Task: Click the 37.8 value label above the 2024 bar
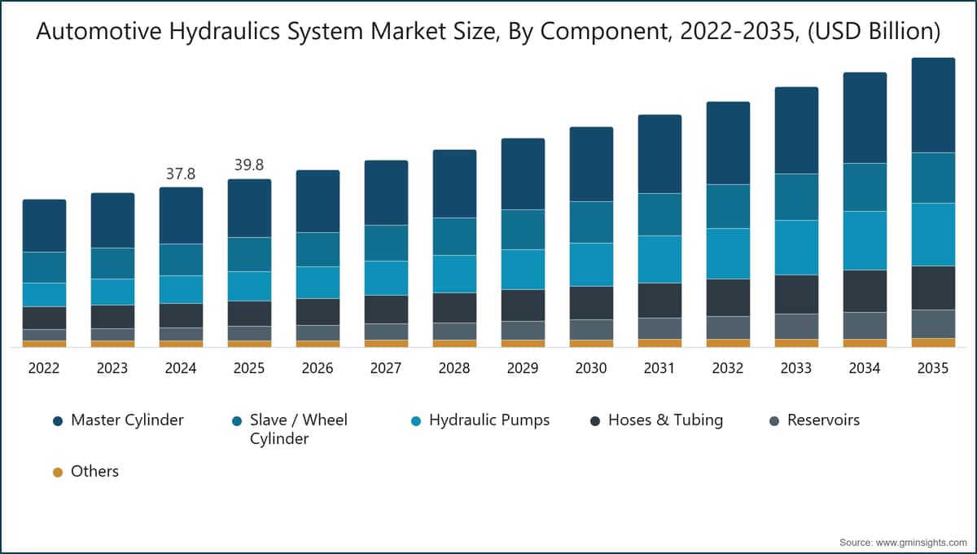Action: (x=181, y=174)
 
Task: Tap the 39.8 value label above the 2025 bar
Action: (x=249, y=165)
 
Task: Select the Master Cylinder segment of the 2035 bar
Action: (x=933, y=105)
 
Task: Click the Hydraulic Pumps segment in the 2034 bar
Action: (x=865, y=240)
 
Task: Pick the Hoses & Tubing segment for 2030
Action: (x=591, y=302)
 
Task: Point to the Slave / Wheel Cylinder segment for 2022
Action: (x=44, y=267)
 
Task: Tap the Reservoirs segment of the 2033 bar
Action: (x=796, y=326)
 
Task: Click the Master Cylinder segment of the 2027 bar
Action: (x=386, y=192)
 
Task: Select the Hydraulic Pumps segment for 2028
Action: (x=454, y=274)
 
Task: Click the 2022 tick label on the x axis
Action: (x=44, y=368)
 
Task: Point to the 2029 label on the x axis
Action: (x=523, y=368)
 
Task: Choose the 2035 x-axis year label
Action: (x=933, y=368)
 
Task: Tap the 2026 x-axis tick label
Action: (x=318, y=368)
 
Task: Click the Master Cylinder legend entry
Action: (x=127, y=420)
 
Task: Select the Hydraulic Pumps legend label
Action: (x=488, y=420)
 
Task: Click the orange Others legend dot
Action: (x=57, y=472)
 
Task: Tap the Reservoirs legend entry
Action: (x=823, y=420)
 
